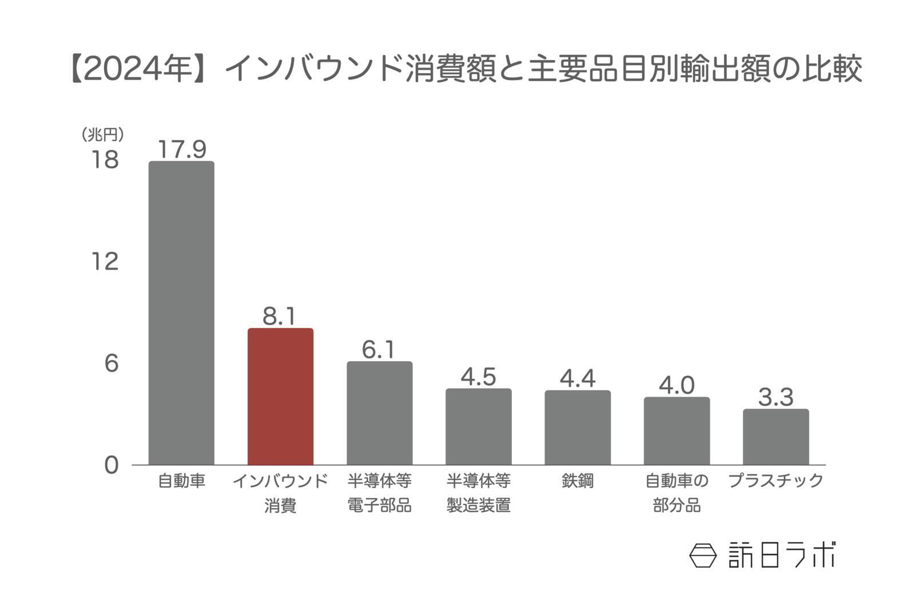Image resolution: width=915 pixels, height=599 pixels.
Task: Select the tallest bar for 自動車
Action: pos(181,313)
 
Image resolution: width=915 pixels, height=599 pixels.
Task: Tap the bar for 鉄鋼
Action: pos(578,428)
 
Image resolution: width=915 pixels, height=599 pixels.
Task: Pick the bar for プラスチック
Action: pos(775,437)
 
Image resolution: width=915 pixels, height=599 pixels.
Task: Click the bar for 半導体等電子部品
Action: pos(379,413)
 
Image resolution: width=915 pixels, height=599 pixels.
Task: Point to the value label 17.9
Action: pos(181,149)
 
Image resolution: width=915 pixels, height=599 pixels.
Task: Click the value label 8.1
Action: pos(279,316)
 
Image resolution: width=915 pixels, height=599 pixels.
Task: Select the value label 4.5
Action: pos(478,377)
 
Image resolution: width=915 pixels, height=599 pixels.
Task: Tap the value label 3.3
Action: pos(775,397)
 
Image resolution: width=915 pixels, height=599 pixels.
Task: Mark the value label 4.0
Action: pos(677,386)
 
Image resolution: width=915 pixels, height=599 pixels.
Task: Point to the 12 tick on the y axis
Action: pos(105,261)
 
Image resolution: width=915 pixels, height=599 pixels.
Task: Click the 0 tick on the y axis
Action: pos(112,465)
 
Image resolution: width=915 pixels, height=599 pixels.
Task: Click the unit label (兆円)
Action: pos(102,135)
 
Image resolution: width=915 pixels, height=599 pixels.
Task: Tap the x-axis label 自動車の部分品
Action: pos(677,493)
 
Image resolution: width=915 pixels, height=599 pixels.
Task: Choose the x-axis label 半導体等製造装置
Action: pos(478,493)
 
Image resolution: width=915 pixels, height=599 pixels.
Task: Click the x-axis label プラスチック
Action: pos(775,481)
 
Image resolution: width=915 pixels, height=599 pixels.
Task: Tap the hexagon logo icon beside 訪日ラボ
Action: pos(703,555)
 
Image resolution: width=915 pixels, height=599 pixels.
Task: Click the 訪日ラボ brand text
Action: pos(781,555)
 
